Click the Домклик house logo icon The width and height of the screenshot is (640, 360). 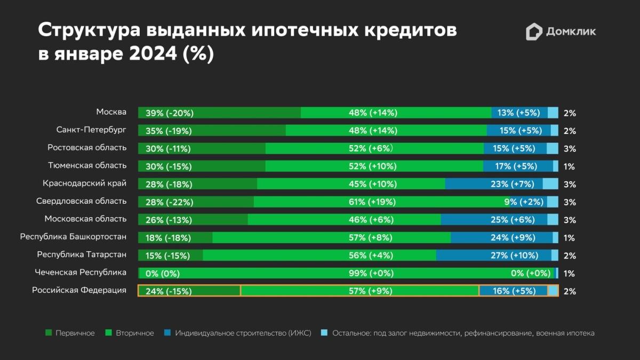534,32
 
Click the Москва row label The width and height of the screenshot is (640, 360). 111,112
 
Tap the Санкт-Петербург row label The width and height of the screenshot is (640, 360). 91,130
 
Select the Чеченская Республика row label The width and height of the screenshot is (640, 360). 81,273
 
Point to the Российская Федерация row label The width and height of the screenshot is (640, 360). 79,290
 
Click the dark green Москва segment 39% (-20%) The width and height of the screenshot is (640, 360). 219,113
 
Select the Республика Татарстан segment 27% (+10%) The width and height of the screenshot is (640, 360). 493,255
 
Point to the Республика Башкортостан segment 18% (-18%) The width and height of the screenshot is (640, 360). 175,237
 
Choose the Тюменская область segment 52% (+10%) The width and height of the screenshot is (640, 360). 374,166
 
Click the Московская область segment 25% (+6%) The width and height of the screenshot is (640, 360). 494,219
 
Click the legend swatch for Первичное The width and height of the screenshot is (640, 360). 49,333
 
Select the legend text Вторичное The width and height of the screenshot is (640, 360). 135,333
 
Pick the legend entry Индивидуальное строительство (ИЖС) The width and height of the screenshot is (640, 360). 243,333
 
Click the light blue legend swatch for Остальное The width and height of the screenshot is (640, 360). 324,333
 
